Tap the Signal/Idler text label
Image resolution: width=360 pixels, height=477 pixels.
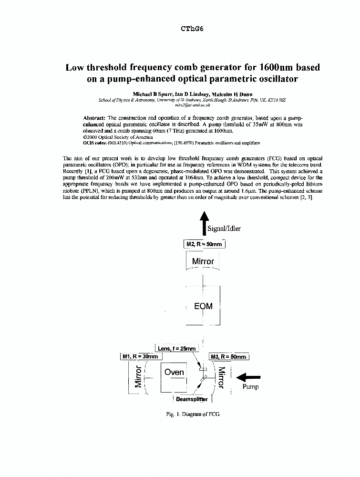(x=224, y=228)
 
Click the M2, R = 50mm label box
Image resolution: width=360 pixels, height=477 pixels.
(x=204, y=244)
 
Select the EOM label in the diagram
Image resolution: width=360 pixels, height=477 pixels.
(x=203, y=306)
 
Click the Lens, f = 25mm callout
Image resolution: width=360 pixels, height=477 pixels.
(x=176, y=349)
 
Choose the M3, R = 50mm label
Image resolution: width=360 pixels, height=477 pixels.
(x=228, y=357)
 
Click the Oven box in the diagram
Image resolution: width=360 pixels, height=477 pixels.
(x=174, y=372)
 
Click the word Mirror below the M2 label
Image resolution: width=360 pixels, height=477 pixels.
(x=203, y=261)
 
